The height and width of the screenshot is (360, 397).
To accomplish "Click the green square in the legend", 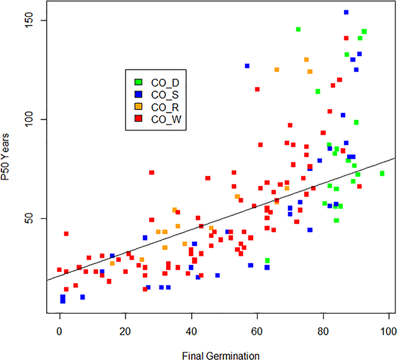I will click(138, 82).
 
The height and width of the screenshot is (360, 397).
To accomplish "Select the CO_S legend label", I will click(162, 93).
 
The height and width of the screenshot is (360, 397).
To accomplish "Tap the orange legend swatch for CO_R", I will click(138, 105).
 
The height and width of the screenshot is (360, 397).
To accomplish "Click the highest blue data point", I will click(346, 13).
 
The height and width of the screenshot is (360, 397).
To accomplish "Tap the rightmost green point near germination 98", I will click(382, 173).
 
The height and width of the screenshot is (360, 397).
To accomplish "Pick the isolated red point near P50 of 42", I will click(66, 234).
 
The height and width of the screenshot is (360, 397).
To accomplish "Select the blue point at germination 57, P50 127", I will click(247, 66).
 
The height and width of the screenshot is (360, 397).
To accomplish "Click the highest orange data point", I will click(306, 59).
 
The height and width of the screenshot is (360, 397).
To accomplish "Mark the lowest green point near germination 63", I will click(267, 260).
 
